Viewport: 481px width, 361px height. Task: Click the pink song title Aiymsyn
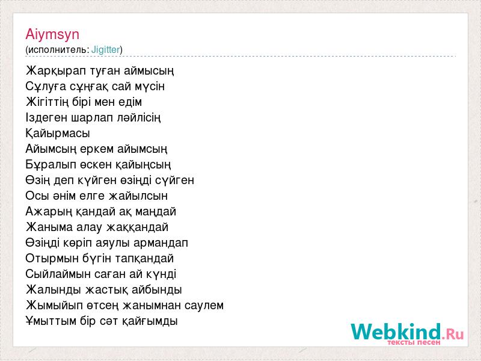[x=52, y=35]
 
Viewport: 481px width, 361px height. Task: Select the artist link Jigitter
[x=106, y=50]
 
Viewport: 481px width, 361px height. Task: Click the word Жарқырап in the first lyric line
[x=56, y=71]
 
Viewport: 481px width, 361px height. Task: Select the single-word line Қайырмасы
[x=58, y=134]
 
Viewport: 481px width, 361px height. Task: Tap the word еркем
[x=97, y=149]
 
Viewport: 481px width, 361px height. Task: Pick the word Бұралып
[x=51, y=165]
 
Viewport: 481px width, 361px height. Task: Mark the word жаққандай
[x=137, y=227]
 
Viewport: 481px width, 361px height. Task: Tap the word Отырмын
[x=52, y=259]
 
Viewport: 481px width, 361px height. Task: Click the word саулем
[x=204, y=306]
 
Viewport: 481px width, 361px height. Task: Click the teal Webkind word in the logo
[x=396, y=332]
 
